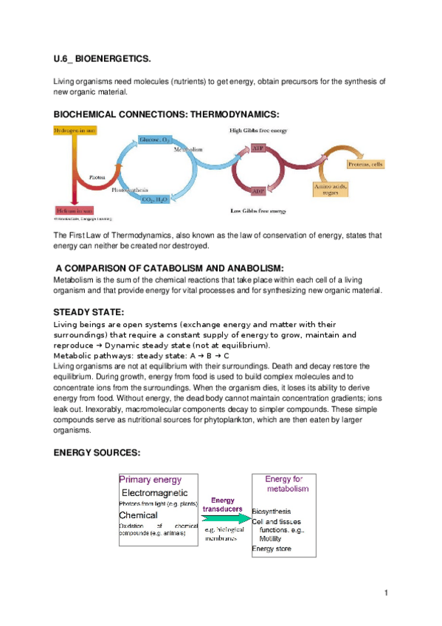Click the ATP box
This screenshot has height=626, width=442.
[258, 148]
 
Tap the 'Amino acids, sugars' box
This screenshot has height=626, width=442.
[327, 190]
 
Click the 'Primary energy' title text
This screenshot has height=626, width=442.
[151, 479]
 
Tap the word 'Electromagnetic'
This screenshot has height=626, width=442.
[154, 492]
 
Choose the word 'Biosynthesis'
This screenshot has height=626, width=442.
[272, 511]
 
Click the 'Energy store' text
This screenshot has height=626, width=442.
[272, 548]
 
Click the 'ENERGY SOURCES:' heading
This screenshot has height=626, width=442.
[97, 453]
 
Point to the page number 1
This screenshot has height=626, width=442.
[386, 593]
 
